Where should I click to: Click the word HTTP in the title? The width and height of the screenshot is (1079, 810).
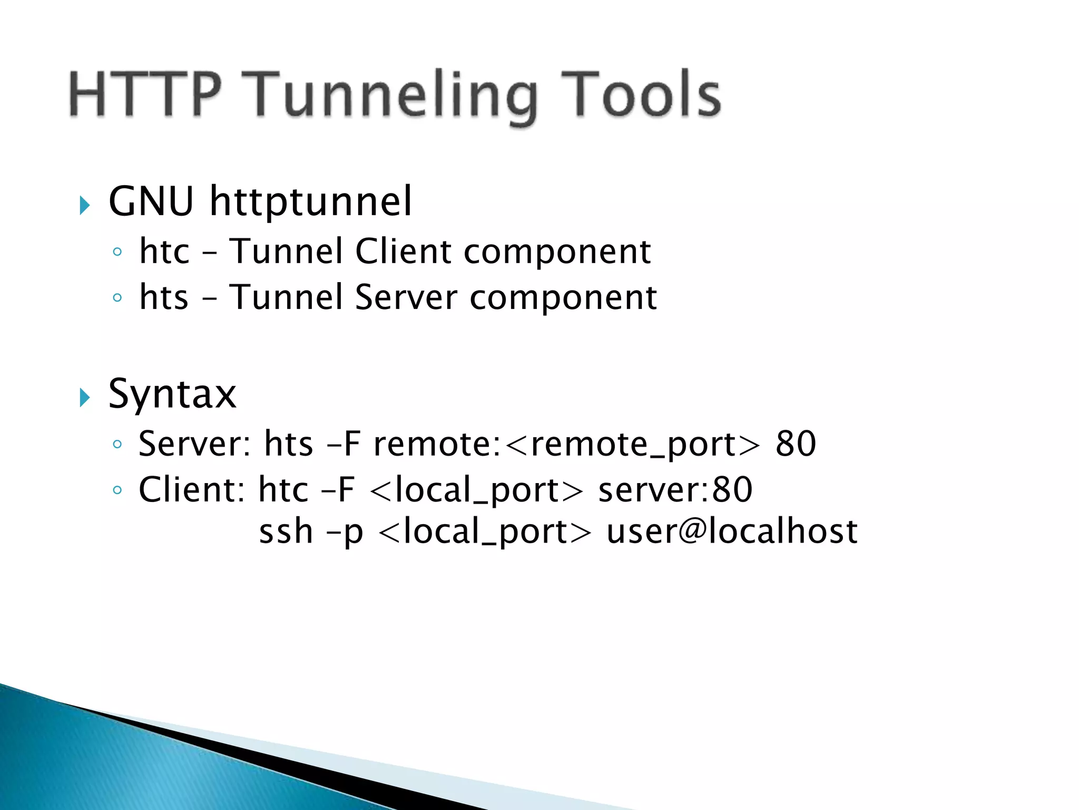144,95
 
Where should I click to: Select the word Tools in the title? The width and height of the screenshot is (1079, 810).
640,95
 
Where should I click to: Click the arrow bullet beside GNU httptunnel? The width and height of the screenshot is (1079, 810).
84,205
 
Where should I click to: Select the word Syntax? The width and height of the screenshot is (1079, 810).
172,394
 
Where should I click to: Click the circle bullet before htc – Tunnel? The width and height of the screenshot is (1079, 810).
117,252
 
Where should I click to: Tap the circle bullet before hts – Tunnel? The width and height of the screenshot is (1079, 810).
117,298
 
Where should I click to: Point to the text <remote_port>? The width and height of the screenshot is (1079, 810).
633,444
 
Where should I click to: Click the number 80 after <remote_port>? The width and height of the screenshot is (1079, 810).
796,444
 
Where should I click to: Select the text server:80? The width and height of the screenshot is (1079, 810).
675,490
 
